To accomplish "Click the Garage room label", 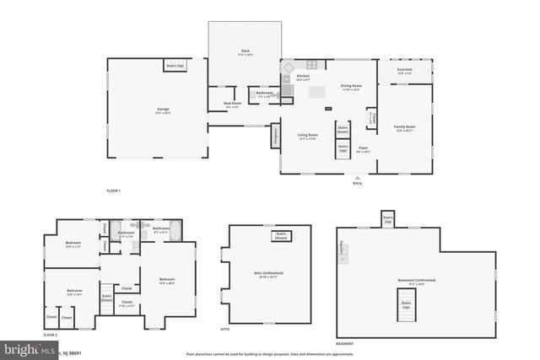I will click(x=163, y=110).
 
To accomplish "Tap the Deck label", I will click(x=245, y=52).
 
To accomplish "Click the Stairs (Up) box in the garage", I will click(x=175, y=65).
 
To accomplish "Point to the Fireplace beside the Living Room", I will click(x=275, y=137).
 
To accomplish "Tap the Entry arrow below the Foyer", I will click(x=357, y=178).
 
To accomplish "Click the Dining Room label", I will click(x=351, y=85).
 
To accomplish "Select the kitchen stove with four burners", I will click(x=312, y=65).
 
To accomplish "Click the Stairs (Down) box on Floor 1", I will click(x=343, y=131).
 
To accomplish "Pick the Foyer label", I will click(x=363, y=148).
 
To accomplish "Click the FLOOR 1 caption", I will click(x=114, y=191).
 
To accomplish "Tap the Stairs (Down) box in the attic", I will click(x=281, y=235).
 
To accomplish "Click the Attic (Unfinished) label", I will click(x=269, y=274).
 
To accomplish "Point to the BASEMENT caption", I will click(x=344, y=343).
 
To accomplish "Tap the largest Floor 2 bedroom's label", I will click(x=167, y=280).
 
